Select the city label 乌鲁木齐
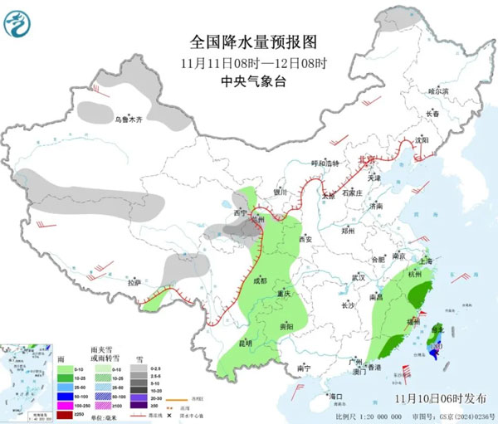[x=129, y=119]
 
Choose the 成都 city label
[x=259, y=281]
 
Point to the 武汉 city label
[x=358, y=276]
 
